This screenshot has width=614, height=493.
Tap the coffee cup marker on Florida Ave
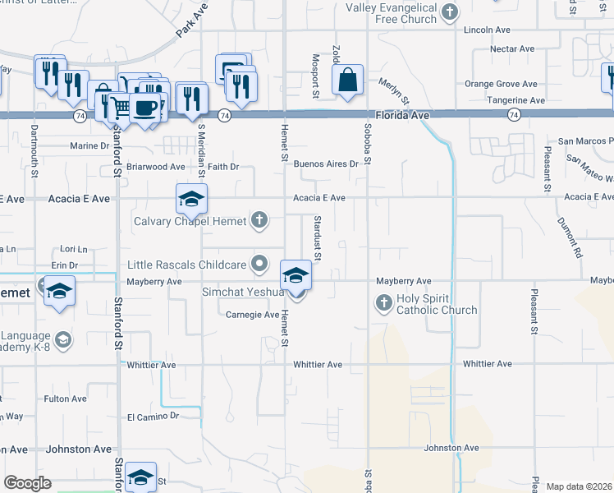(144, 108)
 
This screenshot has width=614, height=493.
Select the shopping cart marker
(121, 106)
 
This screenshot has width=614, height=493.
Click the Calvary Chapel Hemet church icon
(259, 219)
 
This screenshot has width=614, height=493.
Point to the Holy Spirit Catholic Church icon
(383, 303)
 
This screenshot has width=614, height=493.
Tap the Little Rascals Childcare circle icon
(259, 264)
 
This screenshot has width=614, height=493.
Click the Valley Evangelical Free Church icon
(449, 12)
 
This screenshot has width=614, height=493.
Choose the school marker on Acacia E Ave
(190, 199)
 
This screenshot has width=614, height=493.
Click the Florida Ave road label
(403, 116)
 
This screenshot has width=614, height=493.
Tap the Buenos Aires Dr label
(327, 164)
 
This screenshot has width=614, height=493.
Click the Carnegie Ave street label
(253, 314)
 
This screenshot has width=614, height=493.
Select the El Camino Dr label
(153, 417)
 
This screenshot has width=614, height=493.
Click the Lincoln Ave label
(487, 30)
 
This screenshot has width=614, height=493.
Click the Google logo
(27, 483)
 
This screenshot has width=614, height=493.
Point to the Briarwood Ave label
(155, 167)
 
